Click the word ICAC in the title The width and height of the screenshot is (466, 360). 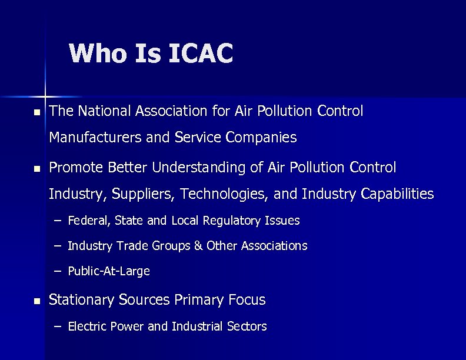tap(201, 53)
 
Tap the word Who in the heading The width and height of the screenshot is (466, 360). tap(98, 53)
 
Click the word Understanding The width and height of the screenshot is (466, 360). tap(199, 168)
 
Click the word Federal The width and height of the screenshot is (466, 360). tap(88, 221)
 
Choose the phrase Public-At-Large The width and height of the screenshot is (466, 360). tap(109, 271)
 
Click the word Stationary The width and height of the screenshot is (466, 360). tap(81, 300)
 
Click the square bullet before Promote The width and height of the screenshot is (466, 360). tap(37, 169)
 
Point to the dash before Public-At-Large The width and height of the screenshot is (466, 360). tap(57, 271)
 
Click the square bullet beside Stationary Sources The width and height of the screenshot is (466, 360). tap(37, 301)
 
